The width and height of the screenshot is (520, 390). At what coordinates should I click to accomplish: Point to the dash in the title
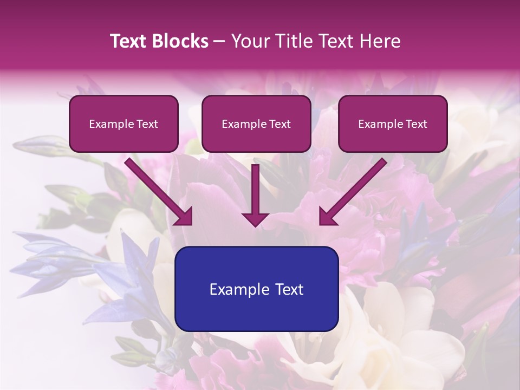pos(220,41)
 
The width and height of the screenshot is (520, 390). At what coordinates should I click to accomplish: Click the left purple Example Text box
pos(123,124)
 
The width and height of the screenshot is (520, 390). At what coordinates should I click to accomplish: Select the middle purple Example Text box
pos(256,124)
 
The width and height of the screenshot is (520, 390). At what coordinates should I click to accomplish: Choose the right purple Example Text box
pos(393,124)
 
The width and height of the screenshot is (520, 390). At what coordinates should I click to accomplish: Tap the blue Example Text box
pos(257,289)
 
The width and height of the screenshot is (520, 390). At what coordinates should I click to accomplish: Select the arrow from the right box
pos(354,192)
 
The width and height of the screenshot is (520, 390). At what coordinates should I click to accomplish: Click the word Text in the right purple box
pos(416,124)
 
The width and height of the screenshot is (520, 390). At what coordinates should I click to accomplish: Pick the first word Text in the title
pos(129,41)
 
